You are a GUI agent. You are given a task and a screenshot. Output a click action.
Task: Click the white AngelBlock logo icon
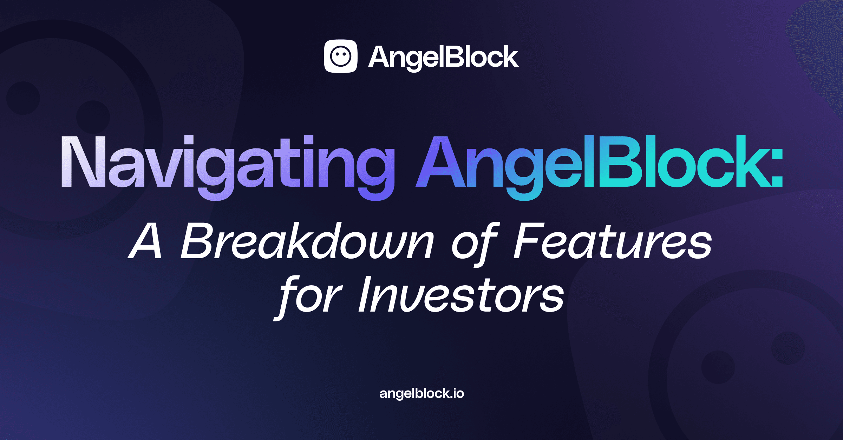(340, 56)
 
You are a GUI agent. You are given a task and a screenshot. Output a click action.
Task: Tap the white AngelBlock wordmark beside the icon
(443, 57)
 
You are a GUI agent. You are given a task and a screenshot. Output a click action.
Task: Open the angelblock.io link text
(421, 393)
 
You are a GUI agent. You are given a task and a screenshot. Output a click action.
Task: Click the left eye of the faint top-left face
(23, 98)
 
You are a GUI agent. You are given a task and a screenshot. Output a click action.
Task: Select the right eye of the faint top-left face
(93, 117)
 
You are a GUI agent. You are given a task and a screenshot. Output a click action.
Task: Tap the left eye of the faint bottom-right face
(718, 367)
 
